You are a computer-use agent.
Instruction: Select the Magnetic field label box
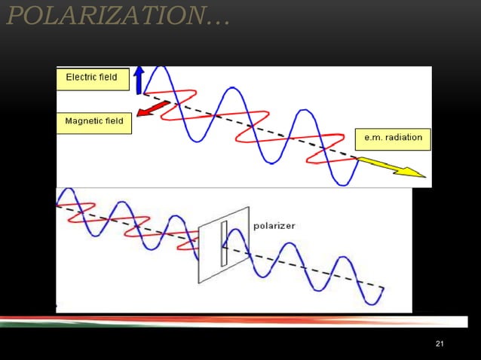[94, 122]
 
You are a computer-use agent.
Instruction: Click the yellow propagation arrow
[391, 168]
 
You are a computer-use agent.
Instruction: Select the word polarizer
[274, 225]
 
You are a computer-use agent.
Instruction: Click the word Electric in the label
[80, 78]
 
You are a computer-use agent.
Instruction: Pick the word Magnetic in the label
[84, 121]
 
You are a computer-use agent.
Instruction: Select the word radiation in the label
[403, 139]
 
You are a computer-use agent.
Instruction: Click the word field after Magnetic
[115, 121]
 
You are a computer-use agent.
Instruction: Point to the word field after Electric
[107, 78]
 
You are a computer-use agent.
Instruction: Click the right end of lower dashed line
[384, 288]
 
